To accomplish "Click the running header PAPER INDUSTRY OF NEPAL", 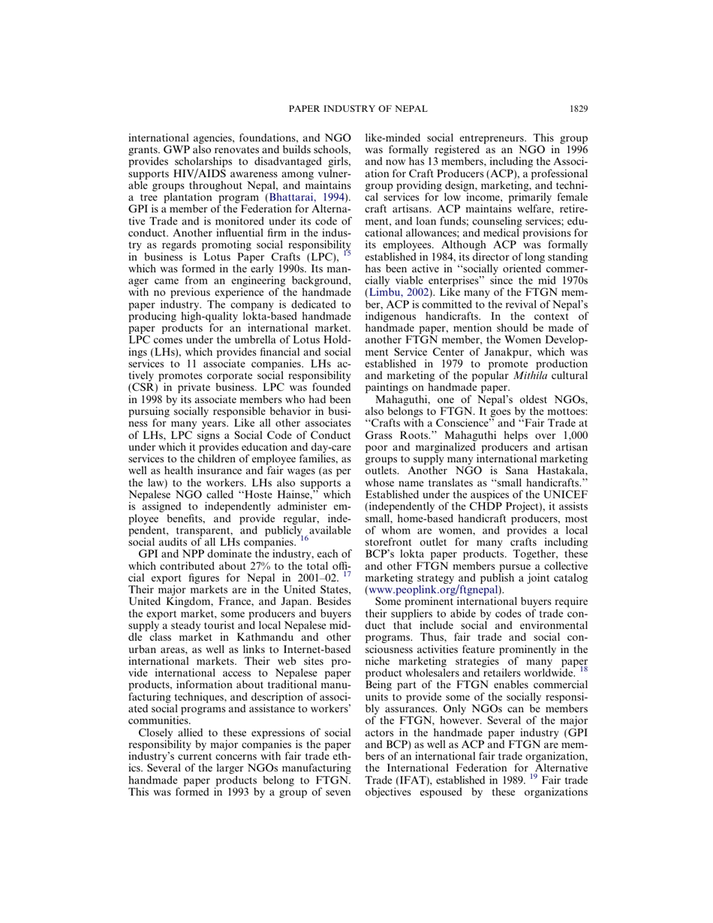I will coord(357,109).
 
